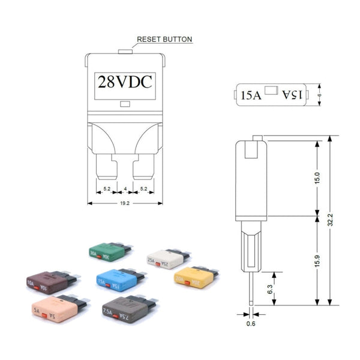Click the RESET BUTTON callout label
(164, 40)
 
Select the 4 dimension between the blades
(125, 190)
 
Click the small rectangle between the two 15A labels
(271, 92)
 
